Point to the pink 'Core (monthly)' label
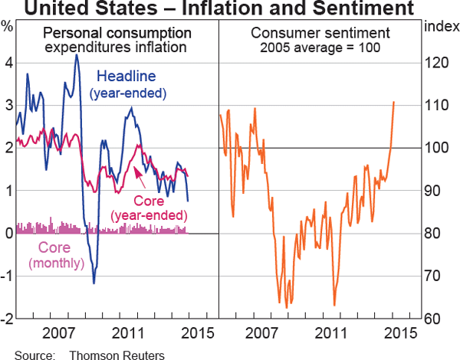(56, 255)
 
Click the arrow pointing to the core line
(140, 174)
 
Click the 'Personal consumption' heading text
(117, 34)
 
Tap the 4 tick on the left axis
(8, 63)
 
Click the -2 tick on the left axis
(6, 319)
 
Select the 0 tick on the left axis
(8, 234)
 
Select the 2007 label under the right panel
(262, 334)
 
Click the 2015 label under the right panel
(399, 334)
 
